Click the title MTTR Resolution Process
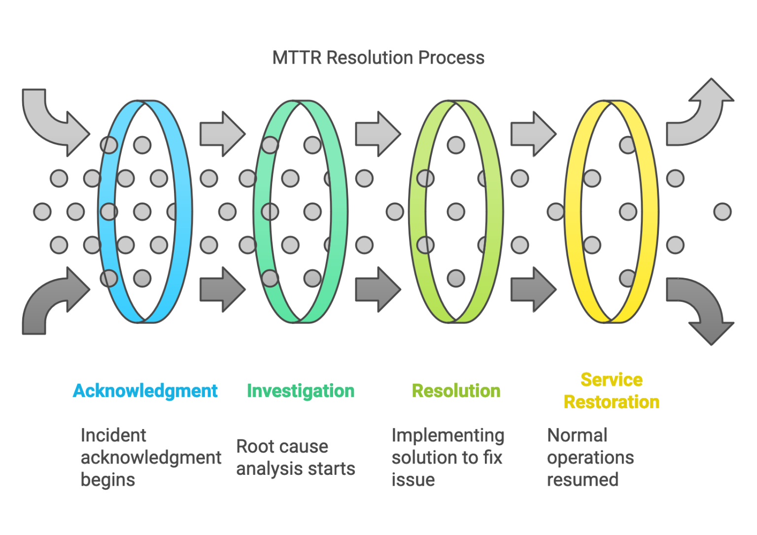378,58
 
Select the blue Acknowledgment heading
145,391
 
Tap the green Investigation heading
301,391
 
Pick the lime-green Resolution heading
456,391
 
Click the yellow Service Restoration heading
611,391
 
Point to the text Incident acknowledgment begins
150,458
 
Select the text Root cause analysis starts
295,458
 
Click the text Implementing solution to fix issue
447,458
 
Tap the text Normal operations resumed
590,458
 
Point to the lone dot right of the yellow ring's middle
723,212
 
